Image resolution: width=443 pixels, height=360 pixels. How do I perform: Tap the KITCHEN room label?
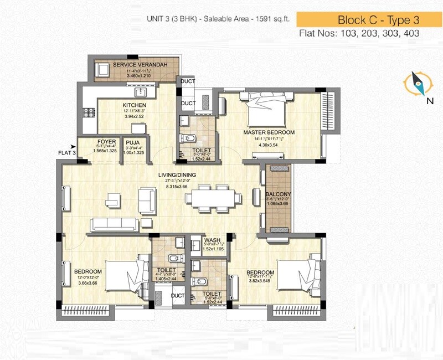pyautogui.click(x=135, y=105)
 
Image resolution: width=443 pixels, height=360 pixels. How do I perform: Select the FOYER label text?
pyautogui.click(x=106, y=142)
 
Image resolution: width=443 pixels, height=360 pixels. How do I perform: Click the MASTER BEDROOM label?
pyautogui.click(x=269, y=133)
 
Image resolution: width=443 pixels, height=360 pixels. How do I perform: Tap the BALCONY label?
pyautogui.click(x=275, y=194)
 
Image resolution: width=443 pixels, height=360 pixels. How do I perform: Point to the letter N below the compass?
pyautogui.click(x=430, y=101)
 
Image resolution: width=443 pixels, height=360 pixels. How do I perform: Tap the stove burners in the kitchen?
pyautogui.click(x=88, y=112)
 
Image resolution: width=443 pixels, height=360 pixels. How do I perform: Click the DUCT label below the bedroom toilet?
pyautogui.click(x=177, y=295)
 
